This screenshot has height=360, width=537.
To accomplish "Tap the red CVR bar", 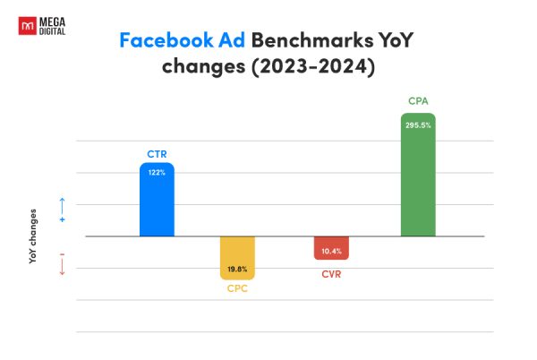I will pyautogui.click(x=331, y=248).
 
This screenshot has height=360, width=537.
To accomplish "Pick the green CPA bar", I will pyautogui.click(x=418, y=179).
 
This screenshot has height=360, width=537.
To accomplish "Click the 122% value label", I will pyautogui.click(x=157, y=173).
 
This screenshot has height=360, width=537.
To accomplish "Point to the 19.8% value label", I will pyautogui.click(x=238, y=269).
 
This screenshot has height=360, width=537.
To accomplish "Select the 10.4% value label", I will pyautogui.click(x=331, y=252).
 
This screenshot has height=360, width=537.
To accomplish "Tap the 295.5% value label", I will pyautogui.click(x=418, y=125).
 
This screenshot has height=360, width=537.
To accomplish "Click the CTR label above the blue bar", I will pyautogui.click(x=157, y=154).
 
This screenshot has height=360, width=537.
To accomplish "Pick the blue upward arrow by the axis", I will pyautogui.click(x=62, y=204).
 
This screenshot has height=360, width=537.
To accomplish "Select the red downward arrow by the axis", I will pyautogui.click(x=62, y=267).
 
